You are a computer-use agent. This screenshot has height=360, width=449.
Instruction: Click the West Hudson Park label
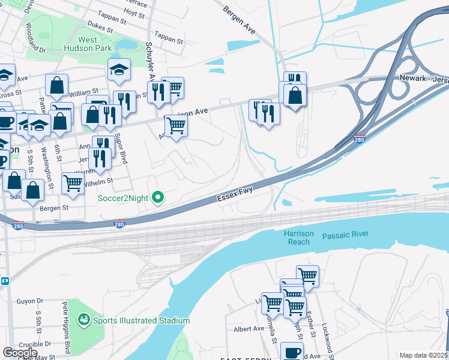coord(95,44)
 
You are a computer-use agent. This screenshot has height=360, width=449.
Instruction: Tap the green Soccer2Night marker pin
coord(158,197)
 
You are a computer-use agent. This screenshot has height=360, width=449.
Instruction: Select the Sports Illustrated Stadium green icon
coord(83,320)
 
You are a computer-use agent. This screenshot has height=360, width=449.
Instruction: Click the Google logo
coord(20,353)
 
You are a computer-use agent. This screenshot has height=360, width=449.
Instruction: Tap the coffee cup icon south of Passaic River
coord(292,352)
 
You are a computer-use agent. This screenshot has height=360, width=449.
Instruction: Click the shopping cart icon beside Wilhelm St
coord(73,183)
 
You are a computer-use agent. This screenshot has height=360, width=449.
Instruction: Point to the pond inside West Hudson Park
coord(127,44)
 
